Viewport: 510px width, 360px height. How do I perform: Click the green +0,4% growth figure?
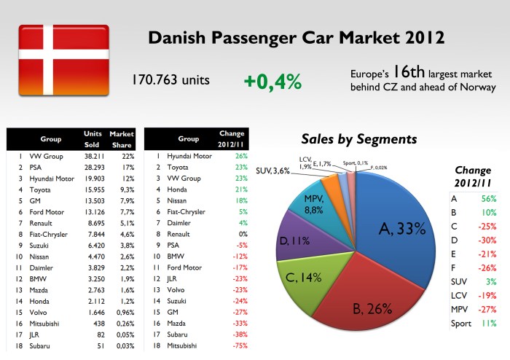[272, 82]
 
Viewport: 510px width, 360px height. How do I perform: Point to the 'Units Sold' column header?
[93, 138]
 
